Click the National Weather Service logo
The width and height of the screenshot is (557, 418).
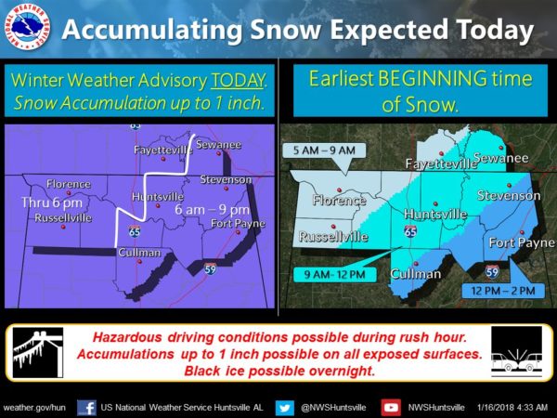pos(27,27)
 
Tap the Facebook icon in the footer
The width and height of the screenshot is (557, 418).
pos(86,408)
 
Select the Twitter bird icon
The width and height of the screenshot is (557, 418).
pos(285,408)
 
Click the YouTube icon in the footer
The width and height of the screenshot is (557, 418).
pos(391,408)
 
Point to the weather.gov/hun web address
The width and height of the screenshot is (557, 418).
pos(34,408)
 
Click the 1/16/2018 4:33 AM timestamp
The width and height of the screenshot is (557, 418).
pos(512,407)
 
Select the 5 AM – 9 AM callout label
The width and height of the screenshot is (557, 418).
pos(324,150)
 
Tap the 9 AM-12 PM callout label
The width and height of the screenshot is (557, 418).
pos(335,275)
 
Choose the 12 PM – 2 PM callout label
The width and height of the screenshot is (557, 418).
pos(503,291)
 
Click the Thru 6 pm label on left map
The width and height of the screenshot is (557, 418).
pos(52,202)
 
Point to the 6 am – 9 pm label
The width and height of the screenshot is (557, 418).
pos(212,210)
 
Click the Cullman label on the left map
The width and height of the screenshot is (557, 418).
pos(139,253)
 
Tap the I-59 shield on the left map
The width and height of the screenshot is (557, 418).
pos(210,269)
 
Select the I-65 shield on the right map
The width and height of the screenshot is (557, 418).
pos(410,231)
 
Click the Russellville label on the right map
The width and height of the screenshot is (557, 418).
pos(333,237)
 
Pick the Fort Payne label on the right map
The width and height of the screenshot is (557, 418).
pos(522,242)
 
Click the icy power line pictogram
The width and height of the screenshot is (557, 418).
pos(38,352)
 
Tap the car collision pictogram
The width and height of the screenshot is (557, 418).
pos(517,352)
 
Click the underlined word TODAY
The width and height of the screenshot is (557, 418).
pos(238,80)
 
